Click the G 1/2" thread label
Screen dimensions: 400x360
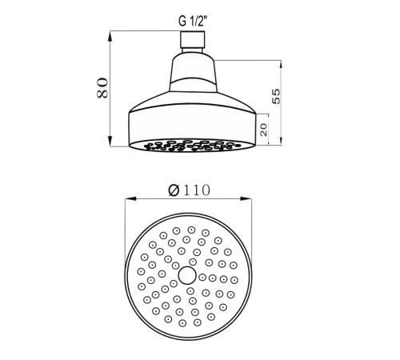click(x=193, y=21)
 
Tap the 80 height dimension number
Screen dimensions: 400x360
click(x=102, y=88)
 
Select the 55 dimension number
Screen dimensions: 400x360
click(x=276, y=96)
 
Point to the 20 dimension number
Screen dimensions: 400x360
click(x=263, y=130)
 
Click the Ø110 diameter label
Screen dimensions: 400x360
click(x=189, y=190)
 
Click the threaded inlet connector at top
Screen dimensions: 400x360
click(x=193, y=40)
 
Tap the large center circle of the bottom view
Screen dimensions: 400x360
click(x=187, y=275)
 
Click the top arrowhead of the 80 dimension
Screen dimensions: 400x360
click(x=110, y=36)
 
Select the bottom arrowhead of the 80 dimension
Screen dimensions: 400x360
click(x=110, y=142)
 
